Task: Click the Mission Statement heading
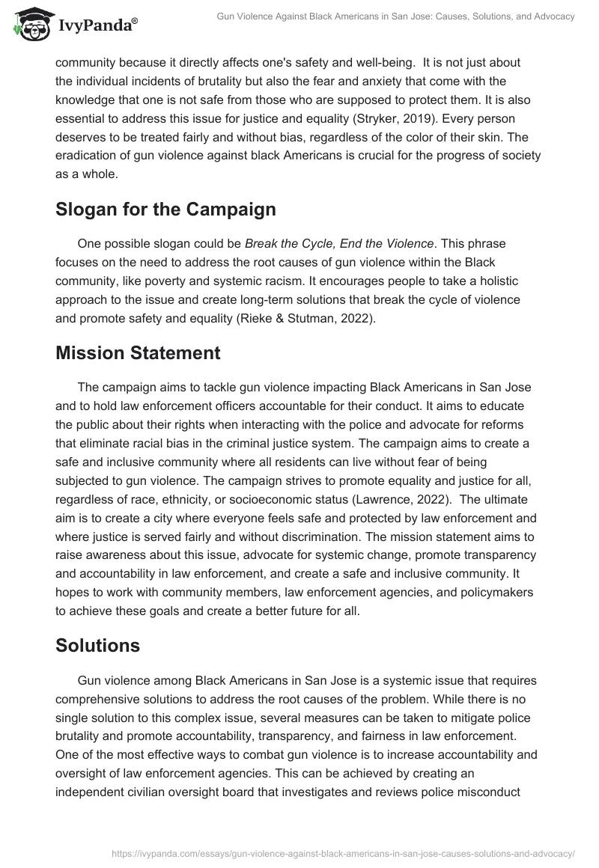pos(138,353)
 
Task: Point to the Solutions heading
pos(97,645)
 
